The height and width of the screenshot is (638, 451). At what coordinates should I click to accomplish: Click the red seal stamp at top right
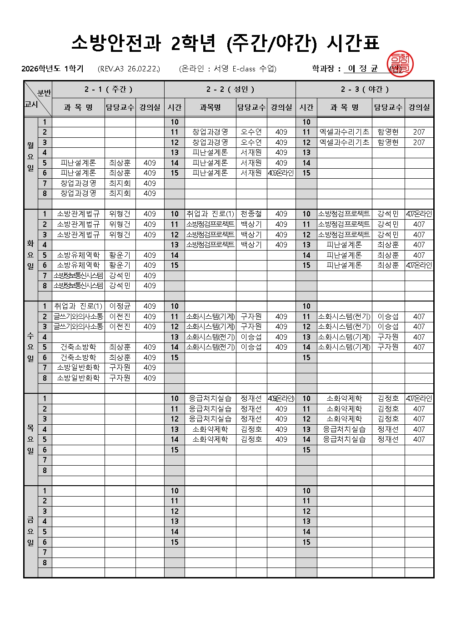(x=400, y=64)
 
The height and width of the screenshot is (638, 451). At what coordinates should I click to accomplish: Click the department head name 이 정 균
(x=362, y=69)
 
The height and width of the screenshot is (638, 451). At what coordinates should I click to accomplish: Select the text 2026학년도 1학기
(x=52, y=69)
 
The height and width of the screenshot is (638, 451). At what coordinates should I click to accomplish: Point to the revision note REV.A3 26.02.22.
(x=129, y=69)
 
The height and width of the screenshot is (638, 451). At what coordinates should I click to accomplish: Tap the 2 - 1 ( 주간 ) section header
(x=108, y=89)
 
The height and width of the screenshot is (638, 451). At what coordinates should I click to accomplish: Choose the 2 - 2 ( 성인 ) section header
(x=230, y=89)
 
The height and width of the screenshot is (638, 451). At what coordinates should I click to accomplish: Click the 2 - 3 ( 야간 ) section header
(x=365, y=89)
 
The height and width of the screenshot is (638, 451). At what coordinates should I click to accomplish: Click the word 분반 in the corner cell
(x=44, y=93)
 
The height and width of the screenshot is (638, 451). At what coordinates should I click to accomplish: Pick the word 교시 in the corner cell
(x=31, y=104)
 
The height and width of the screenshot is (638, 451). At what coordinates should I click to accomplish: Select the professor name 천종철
(x=251, y=214)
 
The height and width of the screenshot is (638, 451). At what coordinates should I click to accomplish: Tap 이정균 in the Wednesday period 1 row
(x=120, y=306)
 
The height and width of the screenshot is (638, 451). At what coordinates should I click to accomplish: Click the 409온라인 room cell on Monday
(x=281, y=173)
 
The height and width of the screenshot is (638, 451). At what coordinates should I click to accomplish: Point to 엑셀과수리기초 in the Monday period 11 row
(x=344, y=132)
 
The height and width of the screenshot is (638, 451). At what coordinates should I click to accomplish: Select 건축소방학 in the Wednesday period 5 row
(x=78, y=347)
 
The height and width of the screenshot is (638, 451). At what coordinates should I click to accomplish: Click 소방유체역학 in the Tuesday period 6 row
(x=78, y=265)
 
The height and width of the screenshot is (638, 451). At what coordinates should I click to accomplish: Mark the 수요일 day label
(x=30, y=347)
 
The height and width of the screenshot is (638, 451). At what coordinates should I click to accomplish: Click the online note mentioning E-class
(x=227, y=69)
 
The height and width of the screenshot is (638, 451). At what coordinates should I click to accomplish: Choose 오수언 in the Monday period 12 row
(x=251, y=142)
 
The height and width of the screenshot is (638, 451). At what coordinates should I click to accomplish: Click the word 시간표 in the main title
(x=353, y=43)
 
